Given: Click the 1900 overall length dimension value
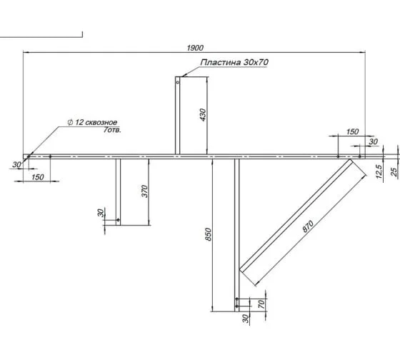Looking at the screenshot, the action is [x=195, y=48].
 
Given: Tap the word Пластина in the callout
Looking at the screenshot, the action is [x=221, y=62].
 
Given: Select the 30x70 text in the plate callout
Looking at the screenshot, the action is [x=256, y=62].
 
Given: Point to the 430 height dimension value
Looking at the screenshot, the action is [x=203, y=115].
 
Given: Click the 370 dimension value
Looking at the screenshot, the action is [x=144, y=191].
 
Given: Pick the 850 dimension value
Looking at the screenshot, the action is [x=209, y=234].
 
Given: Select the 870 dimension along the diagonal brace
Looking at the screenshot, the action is [x=308, y=226].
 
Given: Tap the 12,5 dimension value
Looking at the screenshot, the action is [x=379, y=171].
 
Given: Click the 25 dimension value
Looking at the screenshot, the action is [x=394, y=171].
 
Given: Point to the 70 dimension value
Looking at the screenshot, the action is [x=261, y=304].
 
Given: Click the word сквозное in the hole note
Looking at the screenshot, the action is [x=101, y=122].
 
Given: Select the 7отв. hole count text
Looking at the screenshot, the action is [x=112, y=130].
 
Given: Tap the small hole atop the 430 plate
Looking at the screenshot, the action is [x=178, y=82].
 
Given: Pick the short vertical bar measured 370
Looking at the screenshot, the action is [x=118, y=192].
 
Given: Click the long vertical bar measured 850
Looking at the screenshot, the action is [x=237, y=235].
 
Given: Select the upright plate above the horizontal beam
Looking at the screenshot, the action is [x=178, y=115].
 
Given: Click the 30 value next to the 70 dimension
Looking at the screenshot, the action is [x=246, y=319].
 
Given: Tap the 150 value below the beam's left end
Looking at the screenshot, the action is [x=38, y=177].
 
